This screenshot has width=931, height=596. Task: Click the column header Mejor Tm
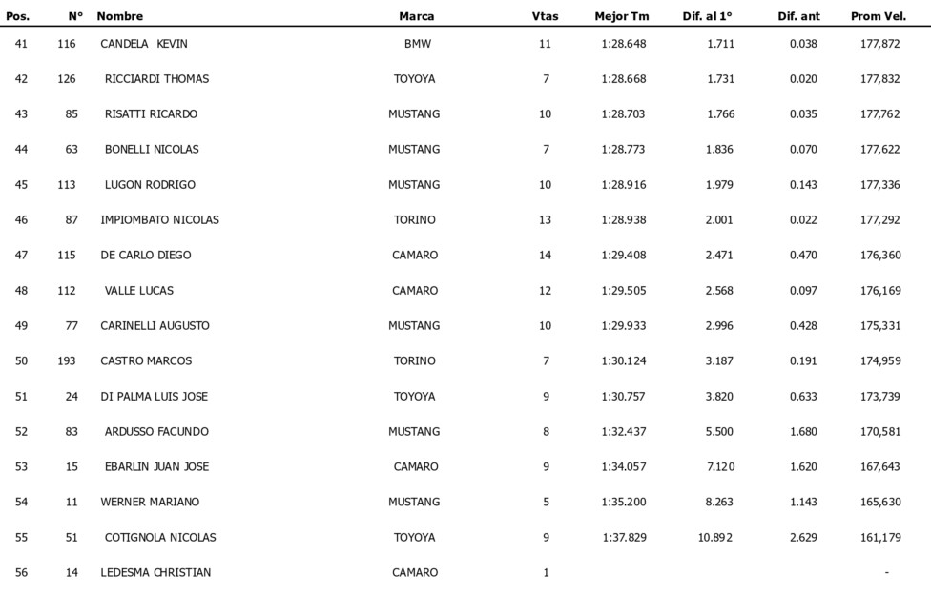click(622, 16)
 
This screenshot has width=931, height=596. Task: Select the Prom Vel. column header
click(878, 16)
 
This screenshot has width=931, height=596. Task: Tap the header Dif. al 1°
click(708, 16)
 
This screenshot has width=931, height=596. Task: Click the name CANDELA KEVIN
click(143, 44)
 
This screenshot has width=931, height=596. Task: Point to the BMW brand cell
click(417, 44)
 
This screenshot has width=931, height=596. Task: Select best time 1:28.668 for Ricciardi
click(624, 79)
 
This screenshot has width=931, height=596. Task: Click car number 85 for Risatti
click(72, 114)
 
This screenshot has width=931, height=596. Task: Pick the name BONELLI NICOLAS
click(152, 150)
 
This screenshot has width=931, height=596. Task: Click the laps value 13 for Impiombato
click(545, 220)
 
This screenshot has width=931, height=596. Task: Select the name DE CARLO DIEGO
click(146, 256)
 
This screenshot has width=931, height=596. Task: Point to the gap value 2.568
click(719, 291)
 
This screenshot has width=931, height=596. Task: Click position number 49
click(21, 326)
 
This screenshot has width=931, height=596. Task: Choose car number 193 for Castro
click(67, 361)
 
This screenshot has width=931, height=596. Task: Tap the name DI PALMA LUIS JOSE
click(154, 397)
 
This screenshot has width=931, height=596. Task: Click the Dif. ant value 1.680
click(803, 432)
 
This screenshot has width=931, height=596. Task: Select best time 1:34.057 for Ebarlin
click(624, 467)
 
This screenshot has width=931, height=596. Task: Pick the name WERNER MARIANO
click(150, 503)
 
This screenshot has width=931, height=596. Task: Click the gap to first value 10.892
click(715, 538)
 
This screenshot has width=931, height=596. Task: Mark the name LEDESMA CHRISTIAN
click(155, 573)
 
